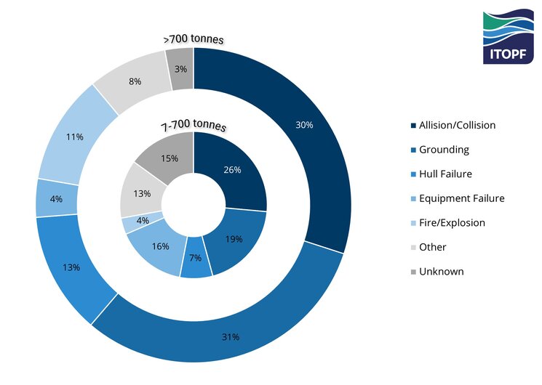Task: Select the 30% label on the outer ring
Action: [x=304, y=125]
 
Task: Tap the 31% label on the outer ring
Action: [x=231, y=336]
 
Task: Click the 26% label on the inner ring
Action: [x=233, y=169]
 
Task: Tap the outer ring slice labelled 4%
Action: [x=56, y=198]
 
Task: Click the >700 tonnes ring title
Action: [x=193, y=38]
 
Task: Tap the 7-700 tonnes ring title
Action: [x=193, y=126]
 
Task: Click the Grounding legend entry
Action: [x=442, y=150]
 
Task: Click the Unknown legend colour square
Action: [x=414, y=272]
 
